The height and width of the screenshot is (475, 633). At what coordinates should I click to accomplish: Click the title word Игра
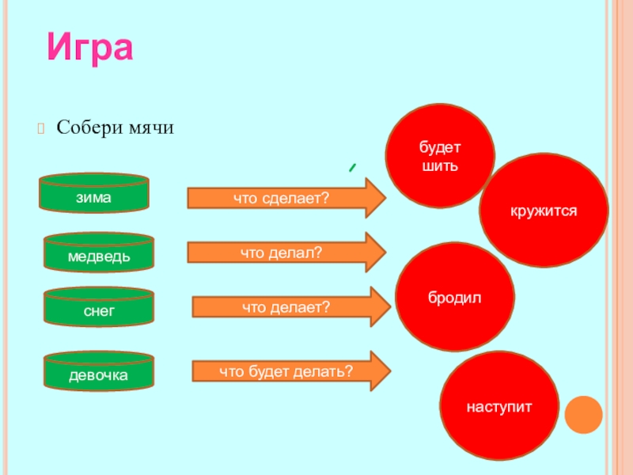coord(89,47)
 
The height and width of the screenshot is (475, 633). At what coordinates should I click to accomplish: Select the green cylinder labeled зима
coord(95,193)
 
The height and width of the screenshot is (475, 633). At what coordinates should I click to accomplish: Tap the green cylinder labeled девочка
coord(99,372)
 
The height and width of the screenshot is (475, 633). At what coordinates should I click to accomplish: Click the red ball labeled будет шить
coord(440,156)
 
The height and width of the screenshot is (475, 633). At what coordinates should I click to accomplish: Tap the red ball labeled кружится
coord(544,210)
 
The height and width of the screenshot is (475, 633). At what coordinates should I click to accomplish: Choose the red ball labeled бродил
coord(455,297)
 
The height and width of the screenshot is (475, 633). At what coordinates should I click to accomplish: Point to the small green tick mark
coord(350,168)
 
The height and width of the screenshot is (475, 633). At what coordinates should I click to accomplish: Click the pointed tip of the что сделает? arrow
coord(385,198)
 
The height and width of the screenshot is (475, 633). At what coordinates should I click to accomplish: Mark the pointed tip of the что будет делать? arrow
coord(391,370)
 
